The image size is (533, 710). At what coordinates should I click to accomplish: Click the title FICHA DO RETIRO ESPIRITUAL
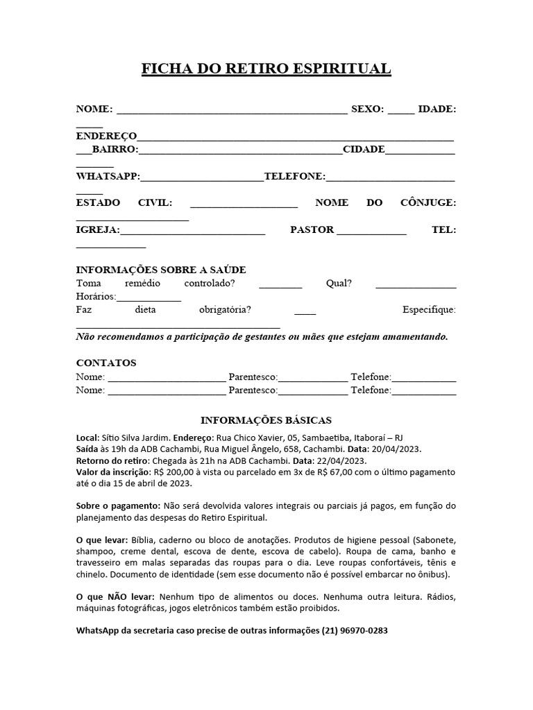coord(266,69)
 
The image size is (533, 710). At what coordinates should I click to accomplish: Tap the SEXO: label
coord(367,109)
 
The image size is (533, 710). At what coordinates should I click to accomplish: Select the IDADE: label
coord(437,109)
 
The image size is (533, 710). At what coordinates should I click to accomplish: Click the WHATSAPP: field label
coord(108,177)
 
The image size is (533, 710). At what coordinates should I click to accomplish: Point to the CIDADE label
coord(364,149)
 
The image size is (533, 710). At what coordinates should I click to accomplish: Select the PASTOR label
coord(312,230)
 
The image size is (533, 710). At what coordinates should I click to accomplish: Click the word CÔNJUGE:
coord(428,202)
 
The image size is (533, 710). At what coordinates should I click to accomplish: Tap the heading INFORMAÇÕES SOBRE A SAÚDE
coord(160,270)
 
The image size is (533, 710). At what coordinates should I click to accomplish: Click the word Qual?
coord(339,284)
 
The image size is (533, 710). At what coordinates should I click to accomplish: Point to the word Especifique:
coord(429,309)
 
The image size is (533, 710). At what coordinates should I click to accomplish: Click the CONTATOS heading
coord(105,363)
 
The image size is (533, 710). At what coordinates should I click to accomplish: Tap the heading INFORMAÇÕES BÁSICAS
coord(266,420)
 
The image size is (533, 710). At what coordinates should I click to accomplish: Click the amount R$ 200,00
coord(178,472)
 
